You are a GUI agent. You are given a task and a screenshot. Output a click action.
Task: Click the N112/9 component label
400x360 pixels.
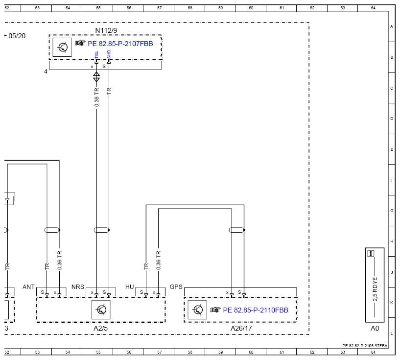tap(106, 31)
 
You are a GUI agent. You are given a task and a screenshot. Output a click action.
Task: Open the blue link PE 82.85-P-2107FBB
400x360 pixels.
tap(120, 44)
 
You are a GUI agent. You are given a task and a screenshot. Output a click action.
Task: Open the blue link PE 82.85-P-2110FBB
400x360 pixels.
tap(256, 310)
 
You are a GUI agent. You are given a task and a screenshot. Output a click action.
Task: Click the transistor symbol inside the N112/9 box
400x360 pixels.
tap(62, 47)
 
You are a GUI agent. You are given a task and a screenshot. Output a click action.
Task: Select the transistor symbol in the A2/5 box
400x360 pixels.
tap(101, 310)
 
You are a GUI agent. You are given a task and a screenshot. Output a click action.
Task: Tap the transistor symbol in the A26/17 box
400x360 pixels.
tap(197, 310)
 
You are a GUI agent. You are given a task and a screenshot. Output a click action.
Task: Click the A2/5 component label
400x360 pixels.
tap(100, 328)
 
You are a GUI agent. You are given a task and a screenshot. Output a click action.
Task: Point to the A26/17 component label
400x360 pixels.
tap(241, 328)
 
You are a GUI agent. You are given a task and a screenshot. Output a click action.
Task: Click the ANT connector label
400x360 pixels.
tap(28, 287)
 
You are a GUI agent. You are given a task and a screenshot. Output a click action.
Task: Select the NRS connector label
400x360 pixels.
tap(78, 287)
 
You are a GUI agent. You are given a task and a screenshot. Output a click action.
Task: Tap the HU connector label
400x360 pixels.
tap(130, 287)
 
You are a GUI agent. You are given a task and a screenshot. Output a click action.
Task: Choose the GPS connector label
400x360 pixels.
tap(176, 287)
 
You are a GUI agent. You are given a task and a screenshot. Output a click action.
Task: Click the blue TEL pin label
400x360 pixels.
tap(96, 55)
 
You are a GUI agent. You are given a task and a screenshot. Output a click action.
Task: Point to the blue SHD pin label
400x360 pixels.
tap(109, 54)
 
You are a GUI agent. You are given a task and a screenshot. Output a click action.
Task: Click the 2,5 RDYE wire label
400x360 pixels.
tap(375, 289)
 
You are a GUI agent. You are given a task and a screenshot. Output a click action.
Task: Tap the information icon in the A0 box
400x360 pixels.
tap(371, 253)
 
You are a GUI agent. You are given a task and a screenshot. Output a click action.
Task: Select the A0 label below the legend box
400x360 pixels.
tap(375, 328)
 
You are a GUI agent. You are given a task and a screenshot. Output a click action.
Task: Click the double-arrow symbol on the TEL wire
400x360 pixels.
tap(96, 77)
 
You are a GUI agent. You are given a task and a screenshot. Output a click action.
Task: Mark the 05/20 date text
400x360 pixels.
tap(17, 36)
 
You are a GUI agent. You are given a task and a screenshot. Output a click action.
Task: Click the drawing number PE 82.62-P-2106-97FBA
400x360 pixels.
tap(365, 346)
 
